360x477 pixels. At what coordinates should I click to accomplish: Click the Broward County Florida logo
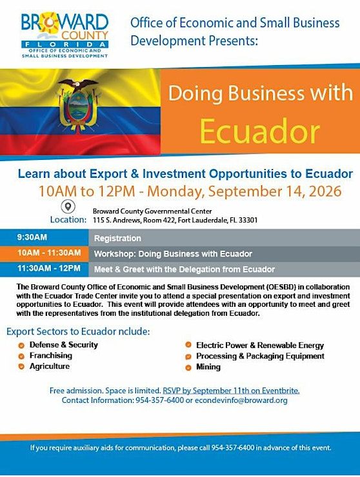pyautogui.click(x=65, y=35)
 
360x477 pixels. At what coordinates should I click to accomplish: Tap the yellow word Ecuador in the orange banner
pyautogui.click(x=260, y=131)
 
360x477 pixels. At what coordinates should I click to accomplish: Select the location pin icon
pyautogui.click(x=68, y=207)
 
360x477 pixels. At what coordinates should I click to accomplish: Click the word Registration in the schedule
pyautogui.click(x=117, y=238)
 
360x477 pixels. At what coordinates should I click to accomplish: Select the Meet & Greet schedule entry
pyautogui.click(x=185, y=269)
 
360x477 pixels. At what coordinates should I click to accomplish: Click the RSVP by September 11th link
pyautogui.click(x=231, y=390)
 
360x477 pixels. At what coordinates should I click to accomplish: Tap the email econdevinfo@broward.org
pyautogui.click(x=241, y=400)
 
